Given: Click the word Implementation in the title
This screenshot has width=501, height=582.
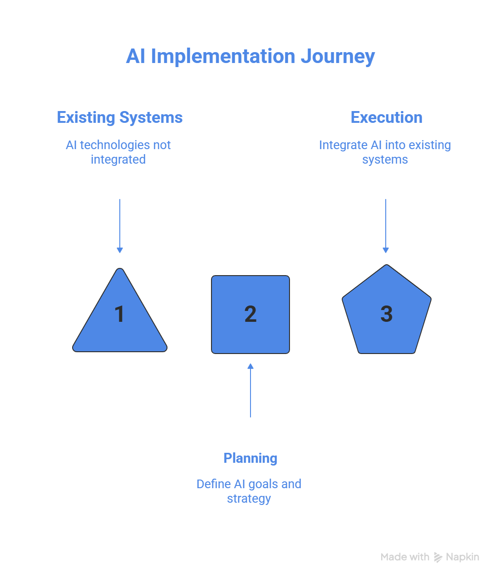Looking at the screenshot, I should coord(223,57).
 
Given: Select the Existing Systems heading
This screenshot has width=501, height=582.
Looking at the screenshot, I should coord(120,117).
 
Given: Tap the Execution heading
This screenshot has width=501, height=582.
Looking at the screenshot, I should coord(386,117).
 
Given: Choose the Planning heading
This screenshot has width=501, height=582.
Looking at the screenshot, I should coord(250,458).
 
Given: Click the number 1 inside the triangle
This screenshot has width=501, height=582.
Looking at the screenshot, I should coord(119,314).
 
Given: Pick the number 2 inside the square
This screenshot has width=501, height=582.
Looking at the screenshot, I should coord(250,314).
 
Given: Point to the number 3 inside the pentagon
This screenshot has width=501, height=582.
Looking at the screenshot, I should coord(386,314).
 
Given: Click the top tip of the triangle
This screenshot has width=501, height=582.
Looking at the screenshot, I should coord(120,271).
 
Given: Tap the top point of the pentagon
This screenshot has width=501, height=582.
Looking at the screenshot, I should coord(386,267).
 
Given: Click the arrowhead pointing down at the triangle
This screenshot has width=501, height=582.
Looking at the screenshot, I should coord(120,250).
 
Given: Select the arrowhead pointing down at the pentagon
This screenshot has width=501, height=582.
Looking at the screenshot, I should coord(386,250).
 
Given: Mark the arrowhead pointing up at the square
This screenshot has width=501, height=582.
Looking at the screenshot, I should coord(250,366).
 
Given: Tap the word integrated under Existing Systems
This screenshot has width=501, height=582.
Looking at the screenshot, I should coord(118,160).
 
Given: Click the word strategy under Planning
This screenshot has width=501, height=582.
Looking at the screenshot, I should coord(249,499).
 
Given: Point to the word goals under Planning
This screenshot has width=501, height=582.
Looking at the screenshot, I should coord(263,484).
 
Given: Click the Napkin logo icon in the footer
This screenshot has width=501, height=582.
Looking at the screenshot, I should coord(438,557).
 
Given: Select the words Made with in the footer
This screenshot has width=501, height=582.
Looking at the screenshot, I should coord(405,557).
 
